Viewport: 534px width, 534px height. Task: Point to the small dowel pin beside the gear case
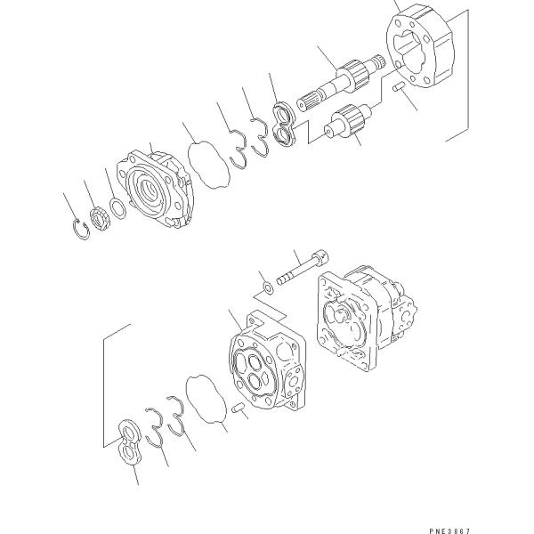[x=400, y=89]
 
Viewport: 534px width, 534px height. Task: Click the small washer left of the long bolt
[x=266, y=287]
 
